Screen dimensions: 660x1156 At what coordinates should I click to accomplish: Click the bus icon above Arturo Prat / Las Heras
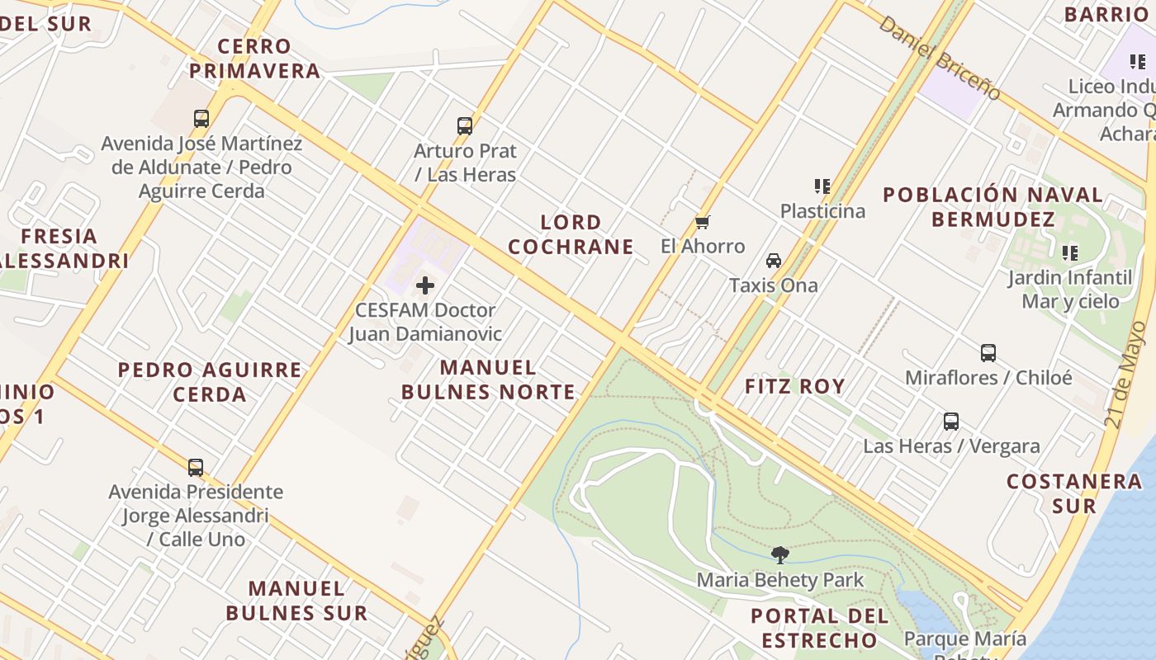(465, 126)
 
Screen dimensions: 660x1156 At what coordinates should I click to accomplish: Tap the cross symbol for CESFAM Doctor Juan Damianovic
(425, 285)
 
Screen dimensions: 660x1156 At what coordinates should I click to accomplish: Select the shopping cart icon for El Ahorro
(703, 222)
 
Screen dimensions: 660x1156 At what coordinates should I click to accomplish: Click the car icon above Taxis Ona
(774, 261)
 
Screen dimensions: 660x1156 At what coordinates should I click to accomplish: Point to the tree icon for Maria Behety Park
(779, 555)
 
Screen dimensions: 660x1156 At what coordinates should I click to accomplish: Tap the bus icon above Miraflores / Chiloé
(988, 353)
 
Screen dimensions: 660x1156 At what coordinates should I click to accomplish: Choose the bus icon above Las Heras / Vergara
(951, 422)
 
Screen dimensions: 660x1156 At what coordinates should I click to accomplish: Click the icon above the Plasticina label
(822, 186)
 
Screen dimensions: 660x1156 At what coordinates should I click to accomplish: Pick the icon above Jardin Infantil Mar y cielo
(1070, 252)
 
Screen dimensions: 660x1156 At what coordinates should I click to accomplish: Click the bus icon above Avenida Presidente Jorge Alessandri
(196, 468)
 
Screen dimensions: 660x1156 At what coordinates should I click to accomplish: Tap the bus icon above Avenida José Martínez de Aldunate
(201, 119)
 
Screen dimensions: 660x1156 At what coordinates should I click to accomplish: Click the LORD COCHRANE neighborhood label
(571, 234)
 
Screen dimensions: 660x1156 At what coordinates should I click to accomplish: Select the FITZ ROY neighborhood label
(794, 386)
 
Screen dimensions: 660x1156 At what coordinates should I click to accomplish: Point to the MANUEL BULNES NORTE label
(488, 379)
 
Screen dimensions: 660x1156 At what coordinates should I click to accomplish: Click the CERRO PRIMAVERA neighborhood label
(254, 59)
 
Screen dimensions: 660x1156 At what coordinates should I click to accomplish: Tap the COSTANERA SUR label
(1074, 493)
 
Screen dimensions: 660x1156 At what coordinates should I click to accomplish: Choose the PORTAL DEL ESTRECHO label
(819, 628)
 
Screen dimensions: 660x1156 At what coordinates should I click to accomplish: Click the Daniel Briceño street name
(939, 57)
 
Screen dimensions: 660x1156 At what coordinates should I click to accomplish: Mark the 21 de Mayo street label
(1125, 375)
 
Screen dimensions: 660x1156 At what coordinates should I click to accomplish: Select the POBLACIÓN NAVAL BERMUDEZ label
(993, 207)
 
